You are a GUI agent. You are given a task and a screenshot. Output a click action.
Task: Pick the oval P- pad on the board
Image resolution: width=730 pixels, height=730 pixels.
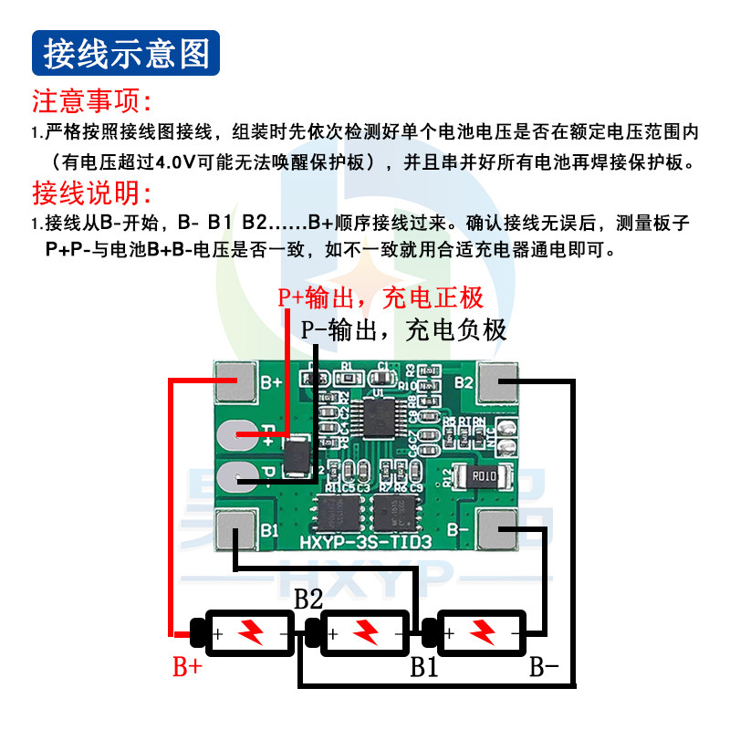[241, 474]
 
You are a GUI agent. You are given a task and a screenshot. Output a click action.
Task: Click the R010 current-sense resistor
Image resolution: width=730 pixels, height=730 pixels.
[483, 475]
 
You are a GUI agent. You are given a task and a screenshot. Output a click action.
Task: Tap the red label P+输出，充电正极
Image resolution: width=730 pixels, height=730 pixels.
[381, 298]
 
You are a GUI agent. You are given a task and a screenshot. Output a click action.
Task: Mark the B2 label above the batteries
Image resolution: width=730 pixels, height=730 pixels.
[308, 600]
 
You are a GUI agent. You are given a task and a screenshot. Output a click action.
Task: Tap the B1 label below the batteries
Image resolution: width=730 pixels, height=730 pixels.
[423, 667]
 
